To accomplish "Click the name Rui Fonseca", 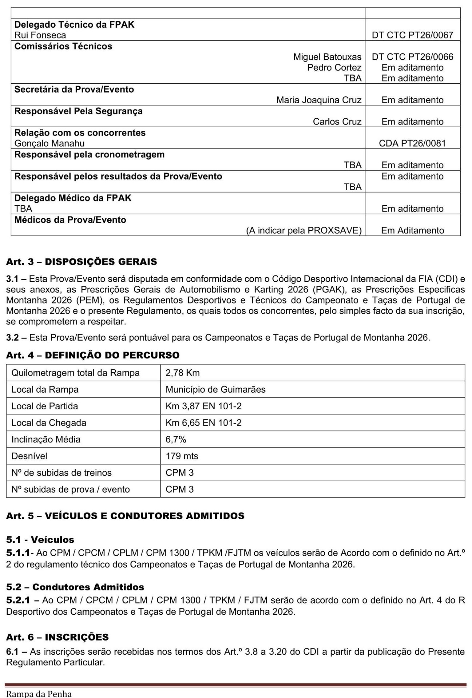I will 40,35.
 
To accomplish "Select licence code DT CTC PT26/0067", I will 412,35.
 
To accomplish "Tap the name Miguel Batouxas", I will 327,57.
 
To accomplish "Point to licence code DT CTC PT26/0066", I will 412,57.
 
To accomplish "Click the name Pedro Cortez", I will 334,68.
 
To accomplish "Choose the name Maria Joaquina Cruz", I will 319,100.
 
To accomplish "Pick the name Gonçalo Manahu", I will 49,143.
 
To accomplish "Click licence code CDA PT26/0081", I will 412,143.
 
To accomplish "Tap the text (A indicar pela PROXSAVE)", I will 304,230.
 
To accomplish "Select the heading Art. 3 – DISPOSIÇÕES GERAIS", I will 81,262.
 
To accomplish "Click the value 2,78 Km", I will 183,373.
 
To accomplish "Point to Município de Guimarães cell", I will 215,389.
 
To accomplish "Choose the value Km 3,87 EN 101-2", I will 203,406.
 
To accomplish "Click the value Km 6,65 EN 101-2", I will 203,423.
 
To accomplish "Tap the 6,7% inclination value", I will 176,440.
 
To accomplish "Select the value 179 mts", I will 182,456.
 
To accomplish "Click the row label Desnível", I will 29,456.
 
